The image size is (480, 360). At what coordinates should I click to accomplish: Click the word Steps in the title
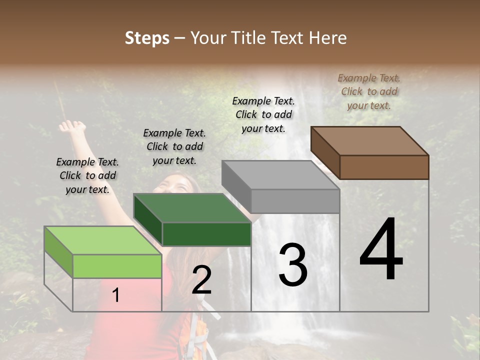[147, 38]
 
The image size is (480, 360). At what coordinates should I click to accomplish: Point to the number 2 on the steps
[201, 279]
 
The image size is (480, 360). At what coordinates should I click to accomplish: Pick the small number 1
[116, 295]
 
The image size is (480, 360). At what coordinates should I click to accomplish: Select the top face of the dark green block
[192, 207]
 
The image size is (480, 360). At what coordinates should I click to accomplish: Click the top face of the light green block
[103, 240]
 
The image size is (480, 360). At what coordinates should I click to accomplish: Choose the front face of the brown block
[384, 167]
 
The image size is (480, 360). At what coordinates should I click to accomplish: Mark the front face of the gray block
[295, 201]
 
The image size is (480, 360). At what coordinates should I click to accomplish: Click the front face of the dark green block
[206, 234]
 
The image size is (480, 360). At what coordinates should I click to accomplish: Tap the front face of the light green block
[117, 266]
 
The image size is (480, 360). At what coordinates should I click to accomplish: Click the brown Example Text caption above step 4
[369, 91]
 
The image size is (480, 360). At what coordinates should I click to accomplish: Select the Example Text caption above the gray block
[263, 114]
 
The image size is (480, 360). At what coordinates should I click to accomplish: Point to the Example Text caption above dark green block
[174, 146]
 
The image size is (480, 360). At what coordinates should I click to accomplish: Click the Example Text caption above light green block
[87, 175]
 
